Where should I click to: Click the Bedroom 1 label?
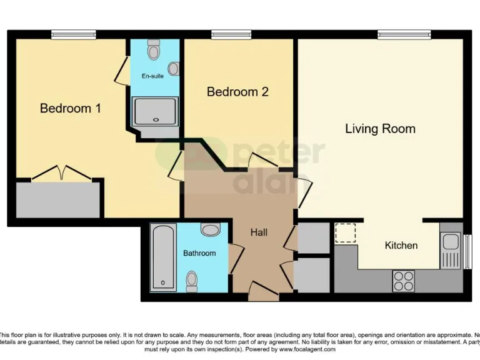tap(71, 108)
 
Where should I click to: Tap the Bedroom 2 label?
tap(237, 92)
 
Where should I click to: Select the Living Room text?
tap(380, 129)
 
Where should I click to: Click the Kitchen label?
tap(401, 245)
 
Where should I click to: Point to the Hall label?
tap(259, 232)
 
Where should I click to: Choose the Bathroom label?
tap(199, 253)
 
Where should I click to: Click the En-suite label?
tap(152, 76)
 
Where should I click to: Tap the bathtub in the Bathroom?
tap(164, 258)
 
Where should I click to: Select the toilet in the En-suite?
tap(154, 49)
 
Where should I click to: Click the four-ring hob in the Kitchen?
tap(403, 280)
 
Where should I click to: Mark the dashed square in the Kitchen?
tap(344, 232)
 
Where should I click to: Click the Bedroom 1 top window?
tap(74, 35)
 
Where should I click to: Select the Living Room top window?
tap(404, 35)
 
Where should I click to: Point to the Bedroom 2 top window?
tap(231, 35)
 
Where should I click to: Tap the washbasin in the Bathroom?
tap(210, 230)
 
